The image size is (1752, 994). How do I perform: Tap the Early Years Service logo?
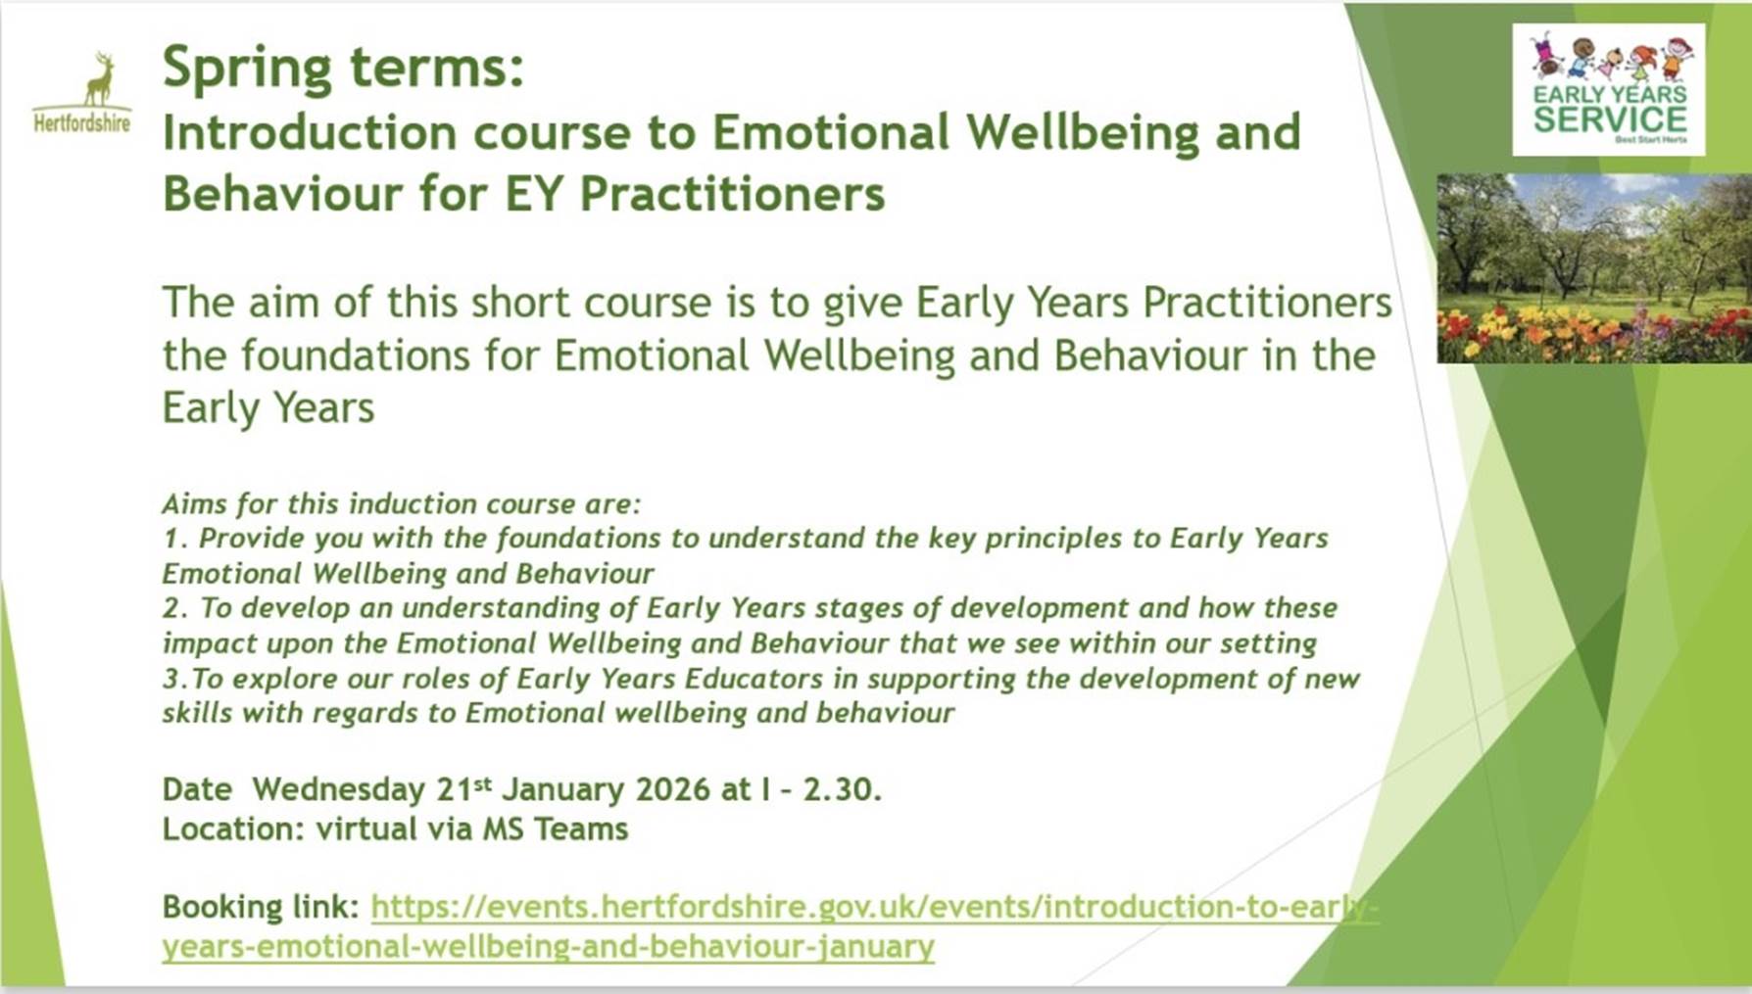coord(1609,89)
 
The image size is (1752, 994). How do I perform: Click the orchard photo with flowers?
coord(1594,268)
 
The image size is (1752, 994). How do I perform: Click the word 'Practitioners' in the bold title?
coord(732,193)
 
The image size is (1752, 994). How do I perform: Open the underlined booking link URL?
coord(770,926)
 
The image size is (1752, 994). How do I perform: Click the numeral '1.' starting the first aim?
coord(174,539)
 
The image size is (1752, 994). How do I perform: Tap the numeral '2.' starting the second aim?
coord(175,608)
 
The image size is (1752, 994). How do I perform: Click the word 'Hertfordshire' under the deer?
coord(82,123)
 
